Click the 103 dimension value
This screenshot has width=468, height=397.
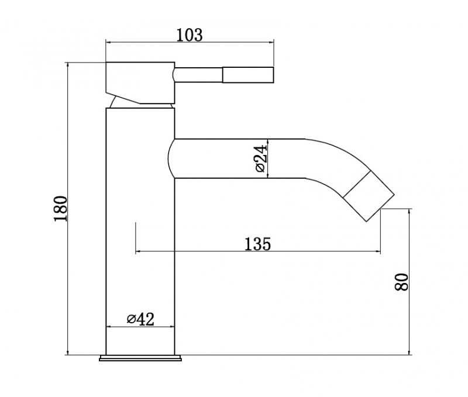click(190, 35)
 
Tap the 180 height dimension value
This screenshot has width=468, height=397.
click(61, 209)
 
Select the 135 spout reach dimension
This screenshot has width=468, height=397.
click(257, 244)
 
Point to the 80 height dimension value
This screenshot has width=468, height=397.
click(401, 282)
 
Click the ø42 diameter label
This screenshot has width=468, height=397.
click(140, 319)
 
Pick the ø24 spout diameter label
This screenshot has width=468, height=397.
click(260, 158)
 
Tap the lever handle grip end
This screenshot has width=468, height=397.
click(248, 75)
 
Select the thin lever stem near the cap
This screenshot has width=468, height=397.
click(198, 75)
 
